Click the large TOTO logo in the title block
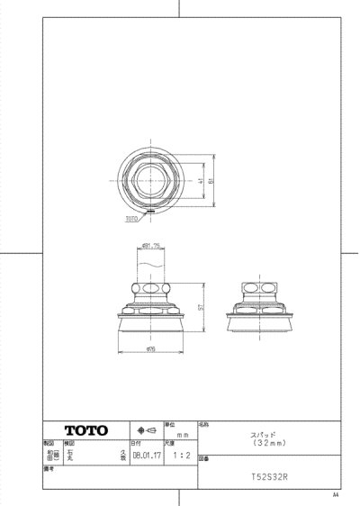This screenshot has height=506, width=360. tap(84, 429)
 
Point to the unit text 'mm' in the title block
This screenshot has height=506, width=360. tap(181, 433)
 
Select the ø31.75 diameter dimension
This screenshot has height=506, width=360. tap(150, 246)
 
